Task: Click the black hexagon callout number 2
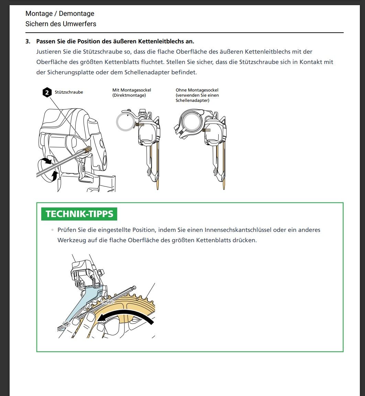pos(47,93)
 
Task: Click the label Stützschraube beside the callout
pos(69,92)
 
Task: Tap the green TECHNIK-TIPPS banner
pos(79,214)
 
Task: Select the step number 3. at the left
pos(28,41)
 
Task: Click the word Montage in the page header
pos(39,14)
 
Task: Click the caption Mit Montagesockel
pos(132,90)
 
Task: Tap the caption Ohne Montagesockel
pos(197,90)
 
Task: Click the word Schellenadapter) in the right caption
pos(192,100)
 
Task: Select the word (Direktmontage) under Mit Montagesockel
pos(129,95)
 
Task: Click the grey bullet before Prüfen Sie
pos(53,230)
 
